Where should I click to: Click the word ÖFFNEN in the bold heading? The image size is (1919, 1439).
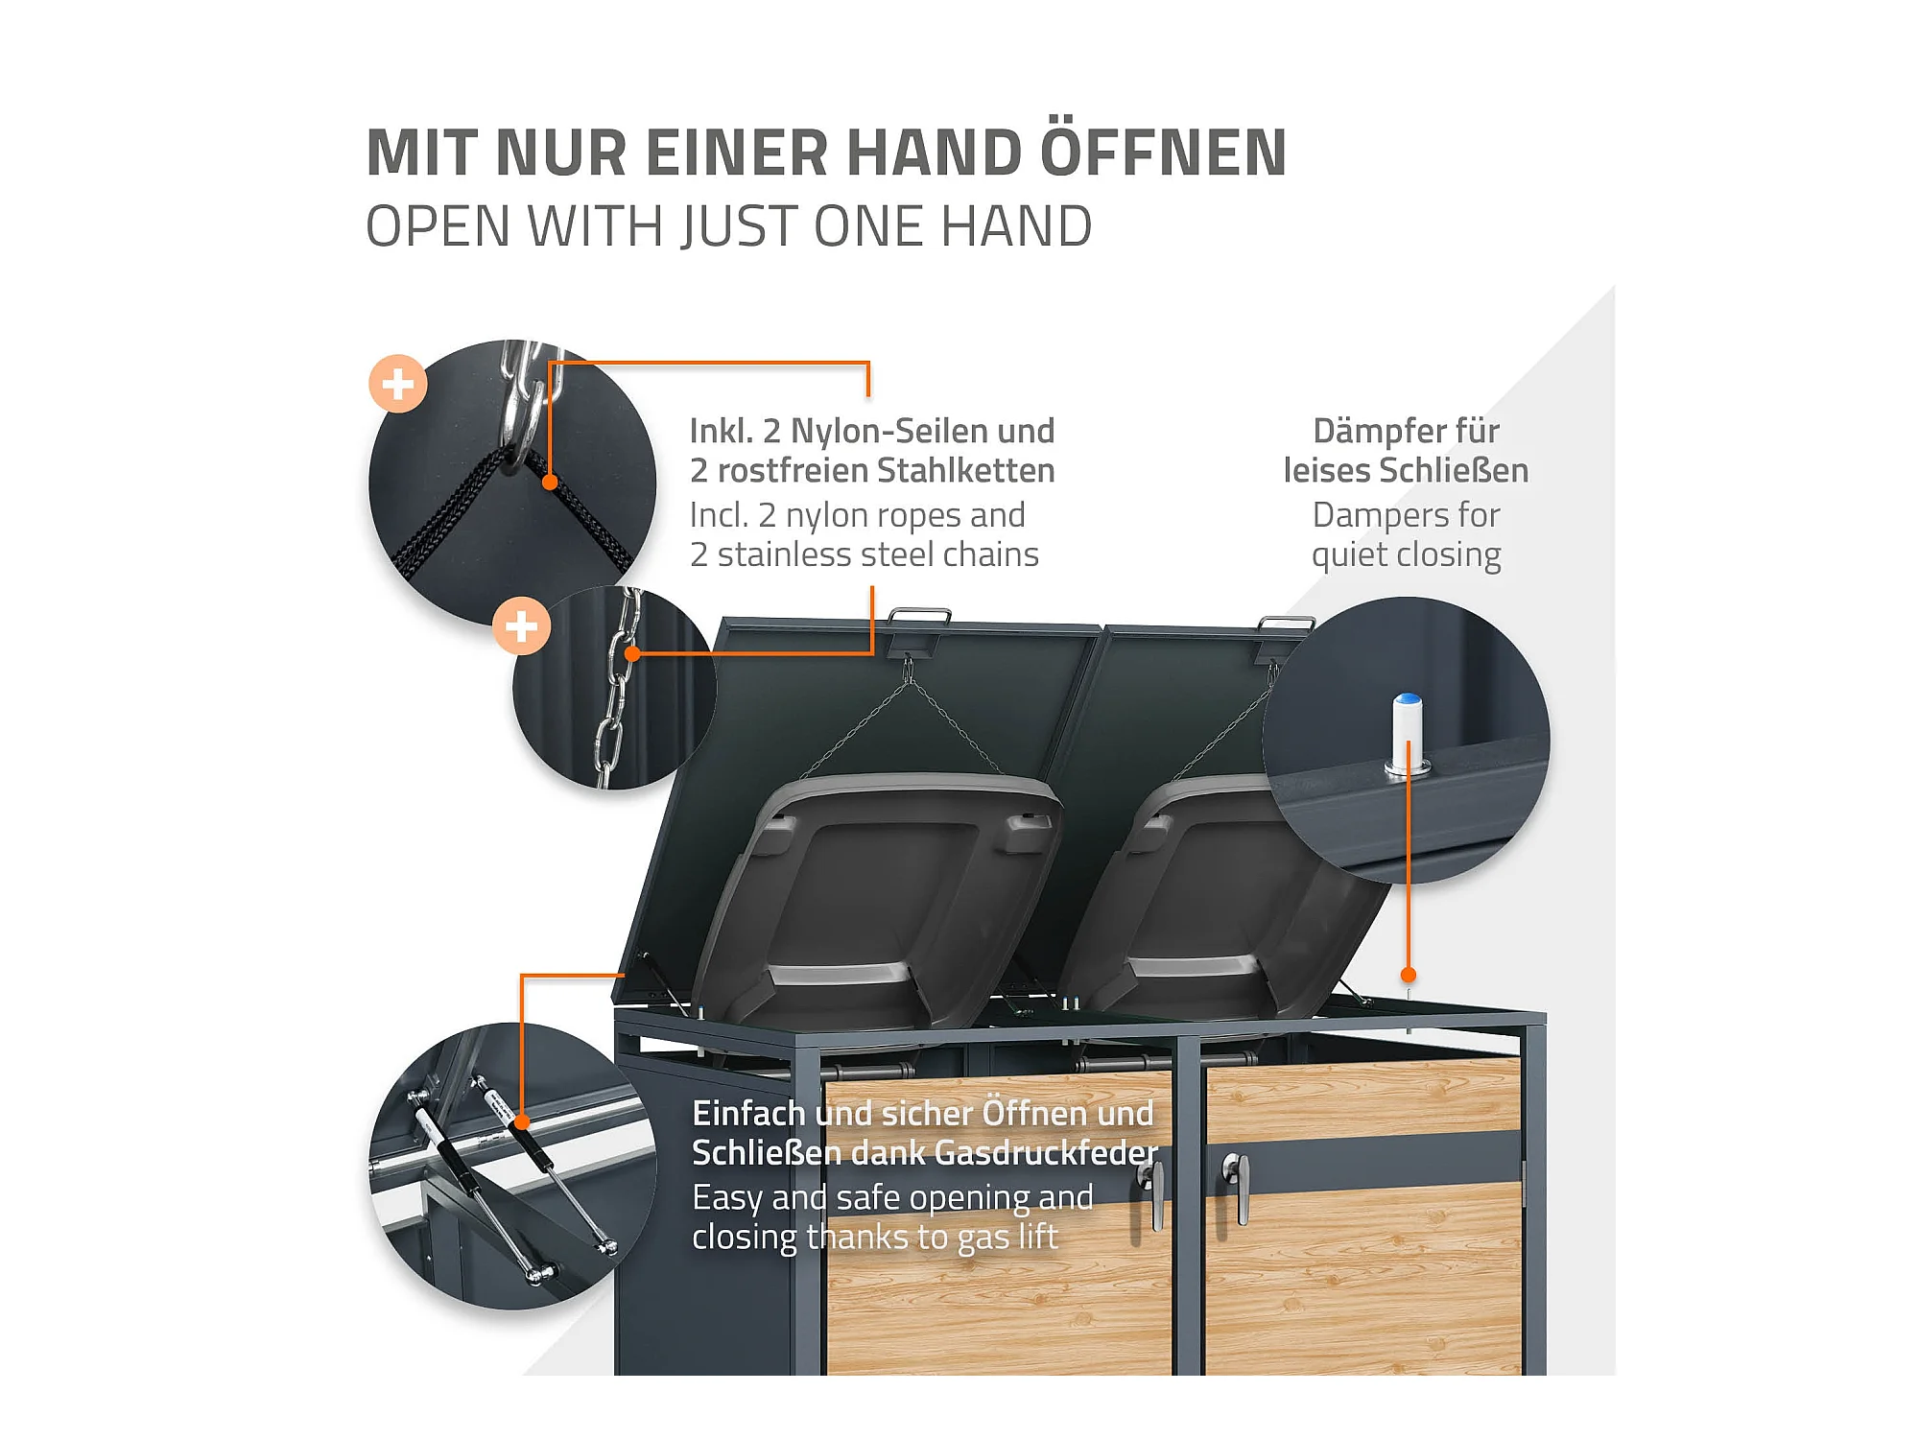pos(1163,152)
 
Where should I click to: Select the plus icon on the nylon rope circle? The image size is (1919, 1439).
pos(398,384)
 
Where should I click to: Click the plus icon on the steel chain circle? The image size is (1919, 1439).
pos(521,626)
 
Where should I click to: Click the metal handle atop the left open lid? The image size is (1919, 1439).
pos(919,615)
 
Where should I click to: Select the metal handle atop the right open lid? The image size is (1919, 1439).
pos(1286,624)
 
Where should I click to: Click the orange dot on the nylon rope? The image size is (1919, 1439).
pos(550,483)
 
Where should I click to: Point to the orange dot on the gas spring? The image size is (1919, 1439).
pos(522,1121)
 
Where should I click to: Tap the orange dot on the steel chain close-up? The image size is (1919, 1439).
pos(632,654)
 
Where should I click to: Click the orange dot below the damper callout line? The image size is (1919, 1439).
pos(1409,975)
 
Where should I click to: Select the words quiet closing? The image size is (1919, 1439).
pos(1406,555)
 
